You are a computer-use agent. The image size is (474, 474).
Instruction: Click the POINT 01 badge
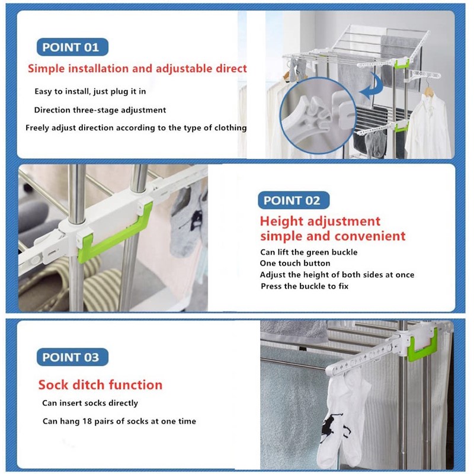click(72, 47)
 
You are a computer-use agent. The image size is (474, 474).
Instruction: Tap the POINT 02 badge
click(293, 200)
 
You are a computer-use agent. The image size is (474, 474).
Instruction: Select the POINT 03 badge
click(72, 357)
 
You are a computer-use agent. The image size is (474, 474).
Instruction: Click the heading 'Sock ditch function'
click(100, 385)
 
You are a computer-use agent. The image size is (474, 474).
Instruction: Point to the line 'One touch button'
click(295, 263)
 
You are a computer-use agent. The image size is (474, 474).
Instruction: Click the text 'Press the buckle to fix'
click(305, 286)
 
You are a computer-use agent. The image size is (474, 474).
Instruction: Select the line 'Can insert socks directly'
click(90, 403)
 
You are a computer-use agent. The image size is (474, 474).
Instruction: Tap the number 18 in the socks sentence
click(87, 421)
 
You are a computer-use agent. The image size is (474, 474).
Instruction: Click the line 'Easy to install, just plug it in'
click(90, 92)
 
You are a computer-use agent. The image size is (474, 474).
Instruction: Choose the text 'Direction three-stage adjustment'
click(100, 110)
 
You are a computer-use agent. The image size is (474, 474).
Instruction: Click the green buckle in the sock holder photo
click(422, 345)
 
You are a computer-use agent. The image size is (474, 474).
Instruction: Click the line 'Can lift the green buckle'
click(309, 252)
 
